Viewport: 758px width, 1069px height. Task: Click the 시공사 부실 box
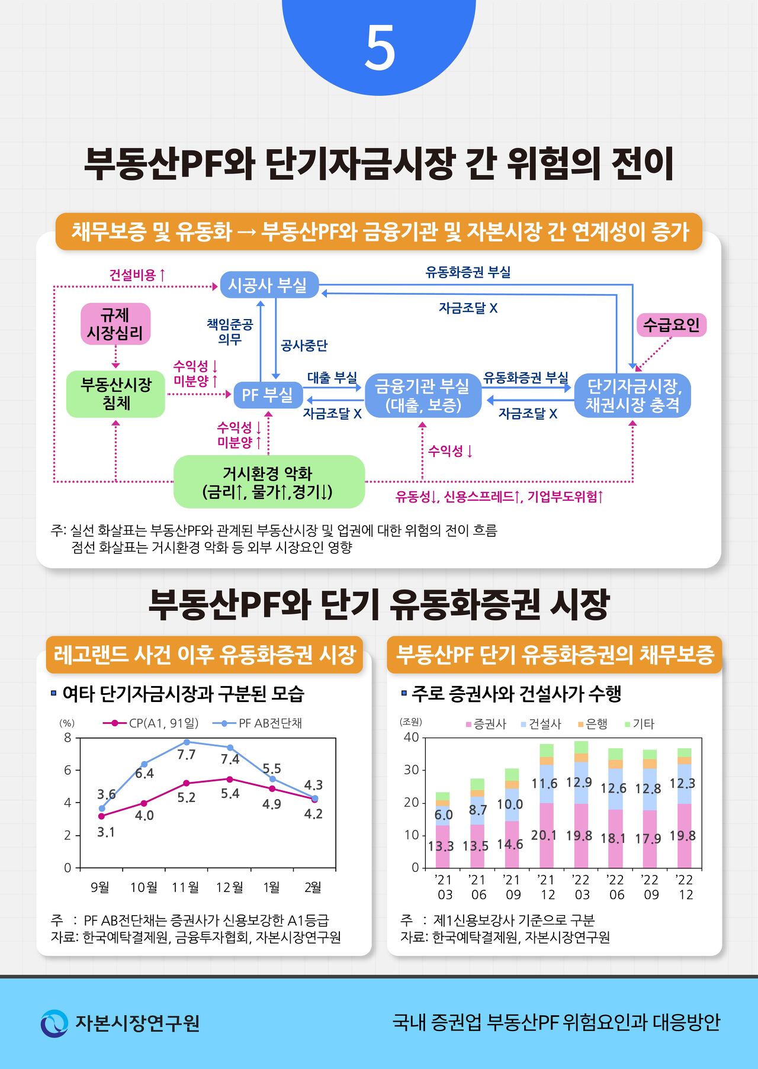268,285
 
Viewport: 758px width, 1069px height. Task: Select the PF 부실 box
268,394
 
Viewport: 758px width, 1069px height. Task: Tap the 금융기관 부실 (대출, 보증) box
422,395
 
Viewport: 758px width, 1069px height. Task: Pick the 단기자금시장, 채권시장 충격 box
632,395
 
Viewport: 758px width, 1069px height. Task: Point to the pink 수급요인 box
671,325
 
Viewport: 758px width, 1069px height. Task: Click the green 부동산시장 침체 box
115,394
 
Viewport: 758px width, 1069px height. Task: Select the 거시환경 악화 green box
268,482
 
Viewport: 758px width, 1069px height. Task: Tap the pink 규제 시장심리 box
115,324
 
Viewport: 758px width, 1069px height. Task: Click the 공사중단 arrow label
304,346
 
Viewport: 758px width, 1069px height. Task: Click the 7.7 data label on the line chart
186,755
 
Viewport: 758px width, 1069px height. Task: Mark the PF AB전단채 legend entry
270,723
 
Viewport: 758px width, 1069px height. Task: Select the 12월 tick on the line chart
230,887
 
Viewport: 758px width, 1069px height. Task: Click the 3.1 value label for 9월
105,832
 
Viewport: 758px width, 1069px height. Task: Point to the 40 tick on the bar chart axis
411,738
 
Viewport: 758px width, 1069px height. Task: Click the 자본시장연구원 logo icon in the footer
54,1023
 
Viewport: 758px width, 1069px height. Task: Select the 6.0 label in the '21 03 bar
444,815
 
